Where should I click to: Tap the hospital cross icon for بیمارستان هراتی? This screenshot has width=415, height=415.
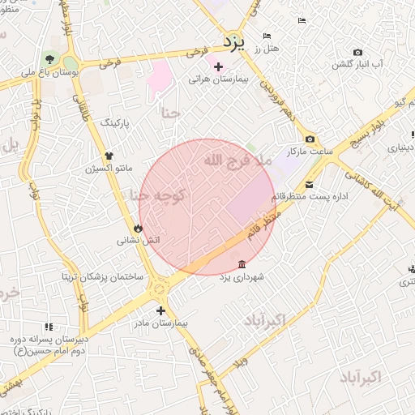pos(218,66)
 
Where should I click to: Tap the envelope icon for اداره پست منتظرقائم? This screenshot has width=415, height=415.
pos(309,185)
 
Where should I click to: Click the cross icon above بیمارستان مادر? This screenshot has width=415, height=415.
pos(161,310)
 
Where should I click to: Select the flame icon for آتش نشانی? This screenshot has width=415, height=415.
pos(138,229)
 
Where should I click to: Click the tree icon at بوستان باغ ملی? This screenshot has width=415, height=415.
pos(50,59)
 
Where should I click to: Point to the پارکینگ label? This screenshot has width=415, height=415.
pos(115,122)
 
